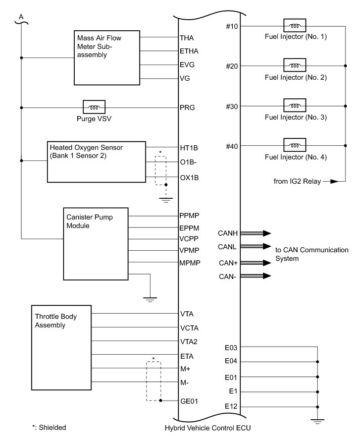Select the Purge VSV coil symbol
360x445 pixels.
94,107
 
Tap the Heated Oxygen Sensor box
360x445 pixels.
96,161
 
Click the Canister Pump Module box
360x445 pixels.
96,250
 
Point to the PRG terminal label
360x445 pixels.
187,107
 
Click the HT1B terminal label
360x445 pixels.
189,148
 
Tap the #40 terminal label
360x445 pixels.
232,146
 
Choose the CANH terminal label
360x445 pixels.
228,233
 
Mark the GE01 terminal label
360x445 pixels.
189,401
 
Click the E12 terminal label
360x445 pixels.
231,407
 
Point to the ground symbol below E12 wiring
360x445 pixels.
318,420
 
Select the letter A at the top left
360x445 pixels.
21,18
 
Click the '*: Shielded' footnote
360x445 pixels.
49,427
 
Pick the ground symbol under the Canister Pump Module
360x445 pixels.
150,299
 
